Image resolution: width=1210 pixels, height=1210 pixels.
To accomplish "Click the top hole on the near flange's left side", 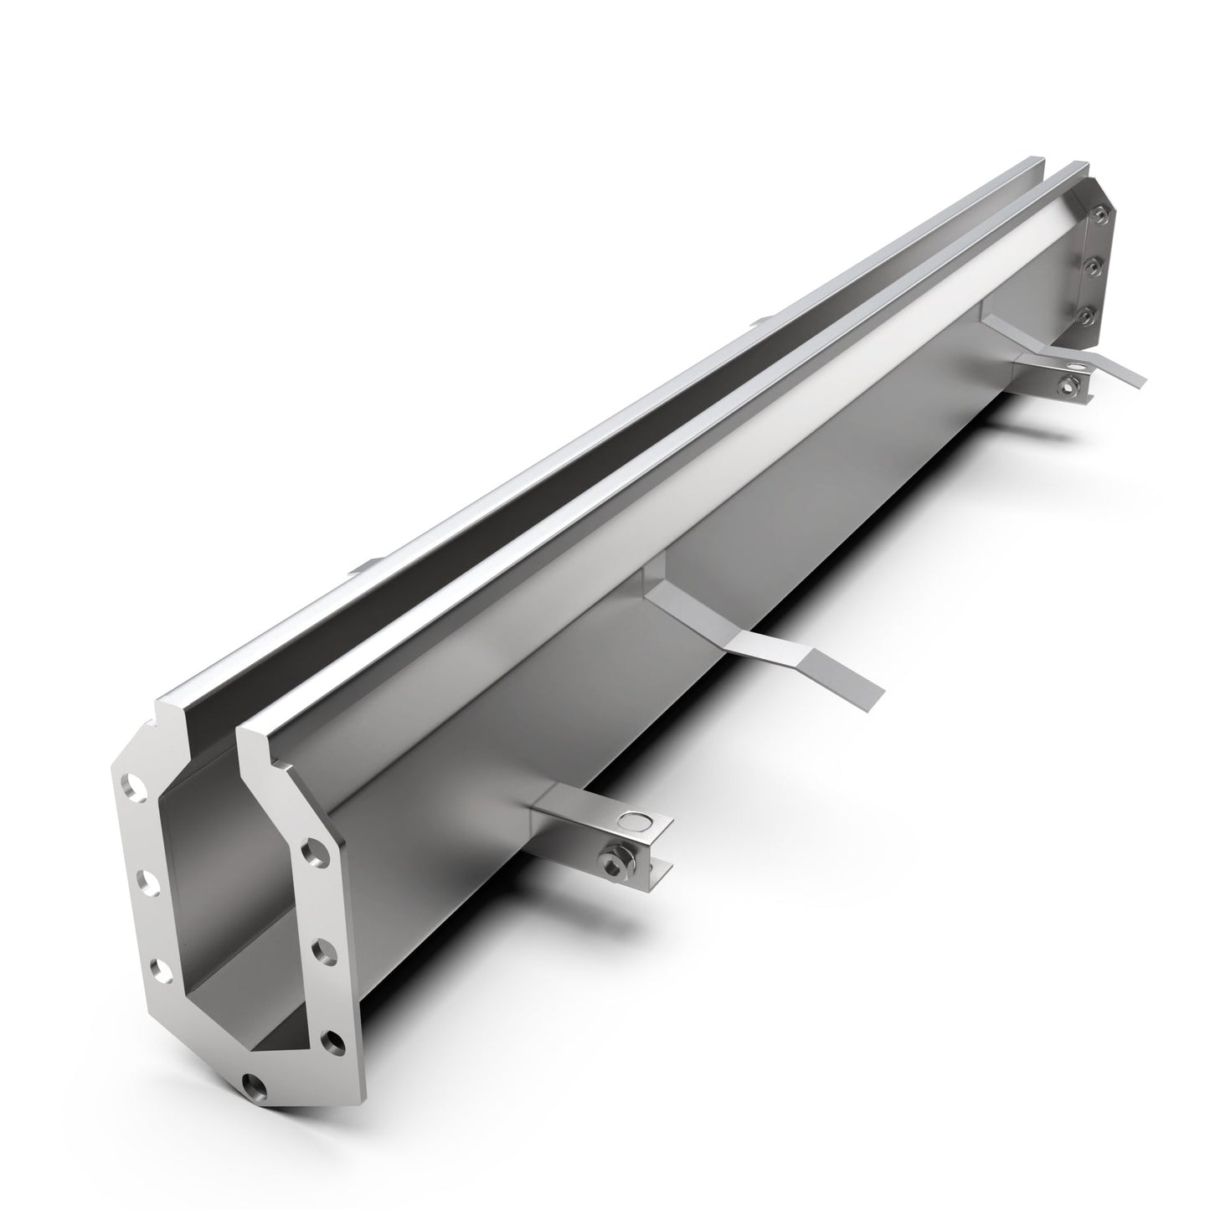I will (x=131, y=786).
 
